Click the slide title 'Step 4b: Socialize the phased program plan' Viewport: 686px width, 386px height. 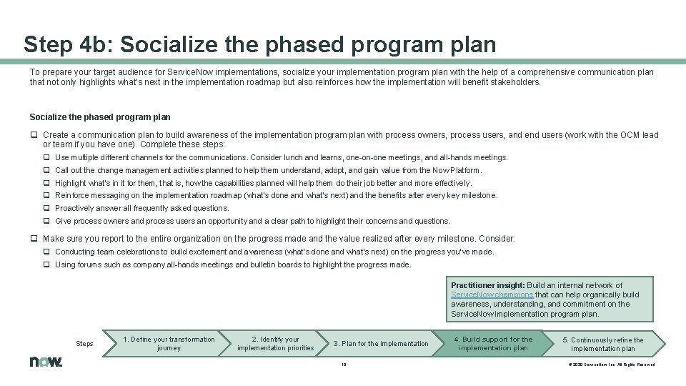coord(259,44)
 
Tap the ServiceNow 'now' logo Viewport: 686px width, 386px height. coord(46,362)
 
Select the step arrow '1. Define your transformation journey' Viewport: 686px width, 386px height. coord(169,344)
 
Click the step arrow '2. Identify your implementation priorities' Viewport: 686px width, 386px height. coord(275,344)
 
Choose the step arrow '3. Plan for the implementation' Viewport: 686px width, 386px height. coord(381,344)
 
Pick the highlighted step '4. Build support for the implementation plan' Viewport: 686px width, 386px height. coord(492,344)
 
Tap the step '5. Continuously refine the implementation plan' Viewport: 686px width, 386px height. coord(602,344)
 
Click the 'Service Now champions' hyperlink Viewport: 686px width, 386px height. coord(492,295)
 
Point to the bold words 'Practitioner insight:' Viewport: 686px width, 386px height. coord(487,285)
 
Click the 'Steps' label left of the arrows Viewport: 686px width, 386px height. coord(84,344)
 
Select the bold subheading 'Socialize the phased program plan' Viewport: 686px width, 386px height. coord(100,117)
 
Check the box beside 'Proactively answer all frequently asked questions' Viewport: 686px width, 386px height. coord(46,209)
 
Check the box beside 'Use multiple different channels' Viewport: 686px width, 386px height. coord(46,157)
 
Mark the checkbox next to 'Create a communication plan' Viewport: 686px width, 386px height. coord(34,135)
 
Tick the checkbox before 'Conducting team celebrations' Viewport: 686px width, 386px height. coord(46,252)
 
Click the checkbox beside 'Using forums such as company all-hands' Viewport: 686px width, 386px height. coord(46,264)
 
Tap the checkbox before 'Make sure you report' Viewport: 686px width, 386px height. coord(34,239)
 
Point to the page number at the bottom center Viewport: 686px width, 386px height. coord(343,364)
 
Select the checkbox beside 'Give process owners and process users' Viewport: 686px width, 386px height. coord(46,222)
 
